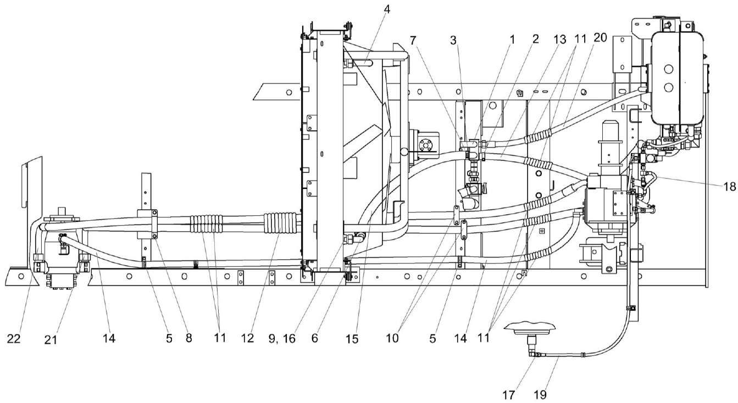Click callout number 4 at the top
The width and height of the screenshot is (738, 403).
click(387, 9)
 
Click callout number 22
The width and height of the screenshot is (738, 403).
click(14, 338)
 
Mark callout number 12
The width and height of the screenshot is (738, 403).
click(248, 339)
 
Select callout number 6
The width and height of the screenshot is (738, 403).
click(315, 339)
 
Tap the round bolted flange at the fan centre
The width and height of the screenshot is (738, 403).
click(425, 145)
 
